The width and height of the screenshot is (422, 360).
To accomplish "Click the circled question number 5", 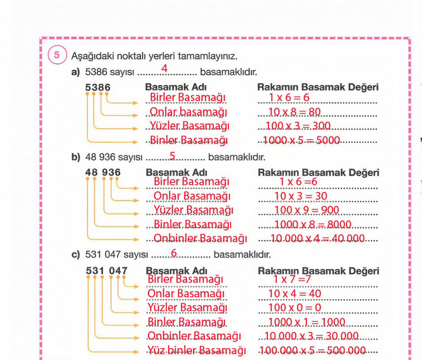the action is [x=57, y=55].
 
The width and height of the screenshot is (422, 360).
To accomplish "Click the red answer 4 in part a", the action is [x=164, y=68].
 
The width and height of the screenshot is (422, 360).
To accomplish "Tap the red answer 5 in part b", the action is [x=172, y=156].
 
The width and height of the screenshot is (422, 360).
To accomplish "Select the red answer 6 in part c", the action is [x=174, y=253].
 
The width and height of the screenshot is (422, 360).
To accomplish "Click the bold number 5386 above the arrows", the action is [x=98, y=87].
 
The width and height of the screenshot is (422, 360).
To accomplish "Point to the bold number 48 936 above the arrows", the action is [x=103, y=172].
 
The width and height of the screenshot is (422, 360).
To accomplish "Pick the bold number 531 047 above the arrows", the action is [x=106, y=271].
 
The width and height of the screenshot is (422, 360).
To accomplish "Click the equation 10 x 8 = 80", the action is [x=295, y=112].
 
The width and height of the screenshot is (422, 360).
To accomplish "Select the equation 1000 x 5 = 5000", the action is [x=302, y=140].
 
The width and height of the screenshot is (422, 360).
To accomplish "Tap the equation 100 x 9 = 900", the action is [x=306, y=210].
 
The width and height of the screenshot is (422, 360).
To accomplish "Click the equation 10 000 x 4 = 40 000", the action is [x=317, y=239].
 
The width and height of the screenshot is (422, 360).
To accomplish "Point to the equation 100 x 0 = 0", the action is [x=295, y=307].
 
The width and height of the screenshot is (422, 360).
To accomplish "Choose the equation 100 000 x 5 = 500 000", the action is [x=313, y=350].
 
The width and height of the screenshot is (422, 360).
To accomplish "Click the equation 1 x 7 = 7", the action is [x=292, y=279].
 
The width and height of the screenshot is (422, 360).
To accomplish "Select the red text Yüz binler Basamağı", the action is [x=197, y=350].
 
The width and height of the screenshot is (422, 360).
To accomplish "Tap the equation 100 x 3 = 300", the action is [x=298, y=126].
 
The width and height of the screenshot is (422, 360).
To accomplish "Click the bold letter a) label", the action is [x=75, y=72].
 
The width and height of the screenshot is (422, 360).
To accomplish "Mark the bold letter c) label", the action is [x=75, y=254].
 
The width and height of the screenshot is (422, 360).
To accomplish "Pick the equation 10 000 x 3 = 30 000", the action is [x=311, y=336].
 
